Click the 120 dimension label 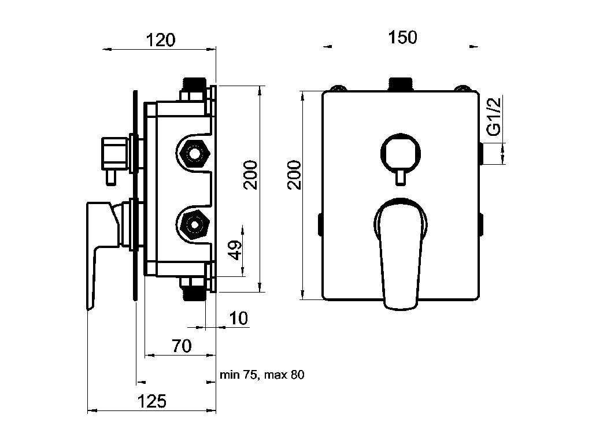click(161, 40)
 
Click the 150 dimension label click(402, 38)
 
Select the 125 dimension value click(151, 401)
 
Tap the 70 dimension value click(182, 346)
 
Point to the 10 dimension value click(239, 319)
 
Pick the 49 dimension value click(236, 250)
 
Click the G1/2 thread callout click(494, 116)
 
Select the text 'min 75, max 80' click(262, 375)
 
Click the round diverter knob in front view click(400, 153)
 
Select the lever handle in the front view click(401, 254)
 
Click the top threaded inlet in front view click(401, 84)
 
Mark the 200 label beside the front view click(294, 175)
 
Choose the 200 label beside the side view click(250, 175)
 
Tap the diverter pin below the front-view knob click(400, 177)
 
